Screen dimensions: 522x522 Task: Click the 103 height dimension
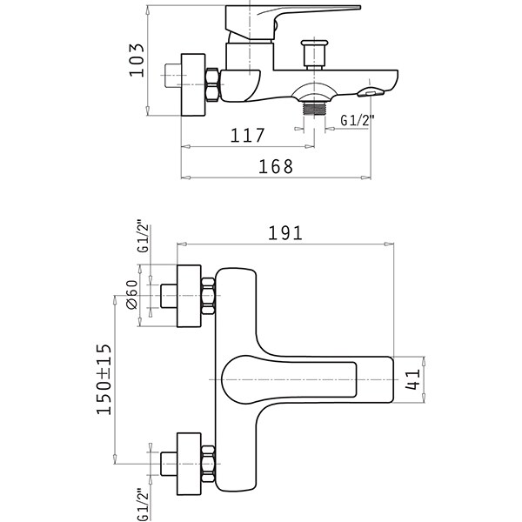pyautogui.click(x=137, y=60)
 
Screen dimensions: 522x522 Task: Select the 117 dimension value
pyautogui.click(x=247, y=135)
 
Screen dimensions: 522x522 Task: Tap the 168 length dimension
pyautogui.click(x=276, y=166)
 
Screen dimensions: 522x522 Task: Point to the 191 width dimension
pyautogui.click(x=285, y=232)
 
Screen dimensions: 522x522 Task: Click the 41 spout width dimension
pyautogui.click(x=412, y=379)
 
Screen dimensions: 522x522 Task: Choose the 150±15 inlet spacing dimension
pyautogui.click(x=104, y=379)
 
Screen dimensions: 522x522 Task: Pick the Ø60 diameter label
pyautogui.click(x=132, y=295)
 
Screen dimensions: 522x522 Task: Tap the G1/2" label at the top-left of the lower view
pyautogui.click(x=143, y=236)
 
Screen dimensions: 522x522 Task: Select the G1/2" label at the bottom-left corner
pyautogui.click(x=143, y=504)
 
